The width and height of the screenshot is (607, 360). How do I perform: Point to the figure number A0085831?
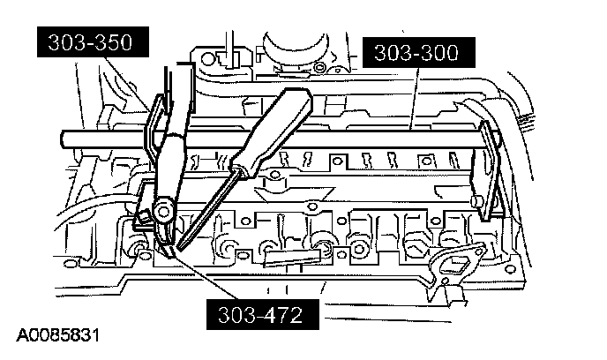[x=54, y=337]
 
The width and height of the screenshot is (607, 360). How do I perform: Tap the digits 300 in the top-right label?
[x=439, y=53]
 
